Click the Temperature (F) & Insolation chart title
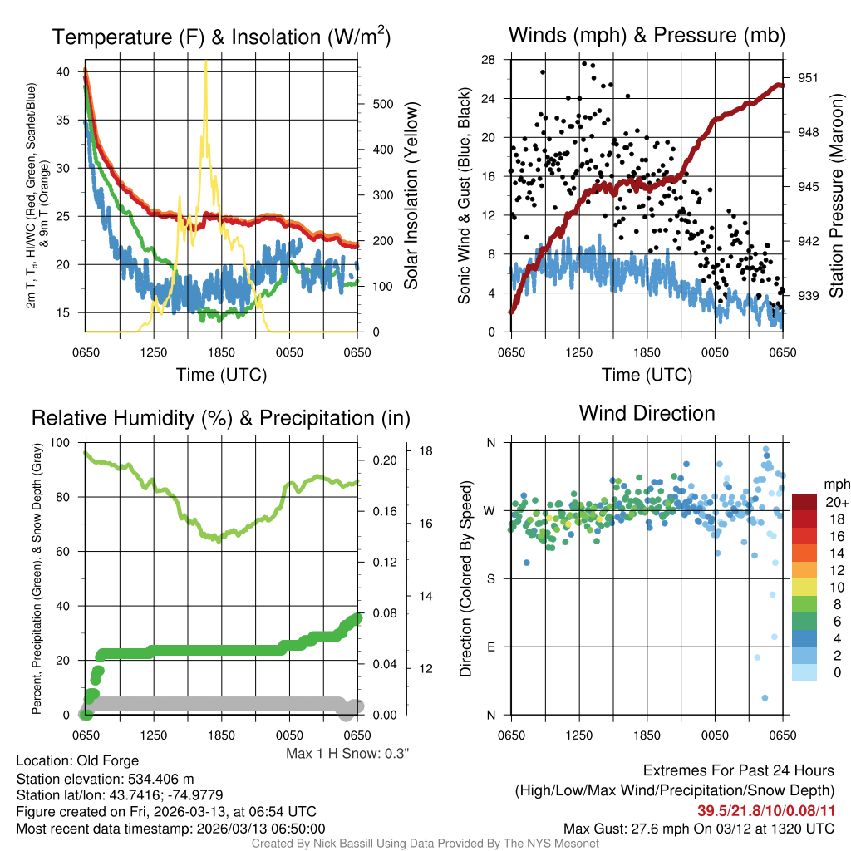221,37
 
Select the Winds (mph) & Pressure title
647,36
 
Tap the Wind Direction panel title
647,413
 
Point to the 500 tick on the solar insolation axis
382,104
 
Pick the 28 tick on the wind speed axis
489,60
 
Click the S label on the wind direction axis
490,578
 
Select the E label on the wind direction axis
490,647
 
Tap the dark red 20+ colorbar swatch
805,502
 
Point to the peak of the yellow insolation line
205,62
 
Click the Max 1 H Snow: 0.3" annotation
347,753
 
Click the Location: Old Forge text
77,760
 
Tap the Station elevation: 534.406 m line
105,779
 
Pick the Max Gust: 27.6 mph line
698,828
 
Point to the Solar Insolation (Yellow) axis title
411,195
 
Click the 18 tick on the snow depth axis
426,450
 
